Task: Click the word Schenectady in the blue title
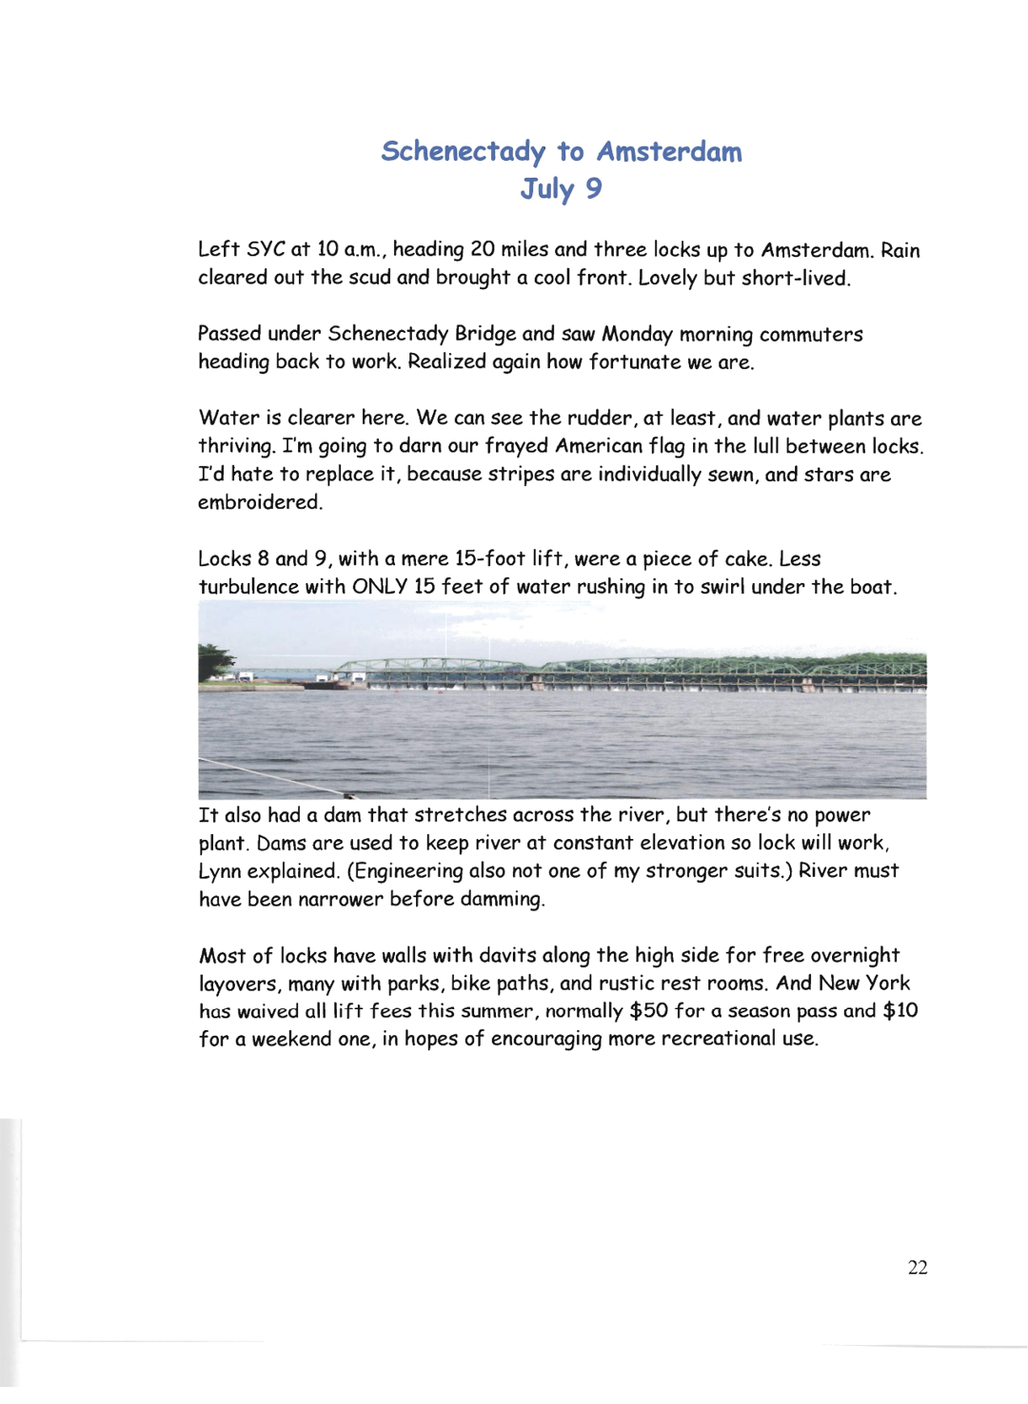click(x=464, y=152)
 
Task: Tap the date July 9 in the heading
click(x=561, y=188)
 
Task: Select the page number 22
click(x=918, y=1267)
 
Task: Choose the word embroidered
click(x=259, y=502)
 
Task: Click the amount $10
click(x=900, y=1010)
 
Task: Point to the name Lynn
click(x=221, y=871)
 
